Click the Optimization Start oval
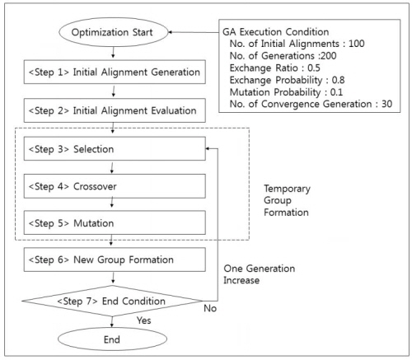(x=113, y=32)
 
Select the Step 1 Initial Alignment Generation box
(x=115, y=72)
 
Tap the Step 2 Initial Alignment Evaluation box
(x=115, y=110)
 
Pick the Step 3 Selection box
(x=115, y=148)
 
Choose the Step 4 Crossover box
(x=115, y=186)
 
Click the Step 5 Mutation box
(x=115, y=222)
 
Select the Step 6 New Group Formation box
(x=115, y=259)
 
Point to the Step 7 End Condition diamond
(x=112, y=301)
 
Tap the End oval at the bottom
(x=112, y=339)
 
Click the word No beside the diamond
(x=210, y=308)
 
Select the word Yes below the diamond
(x=144, y=320)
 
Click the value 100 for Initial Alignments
(x=357, y=44)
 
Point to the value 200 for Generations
(x=328, y=56)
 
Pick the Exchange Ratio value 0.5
(x=314, y=68)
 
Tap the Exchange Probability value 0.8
(x=338, y=80)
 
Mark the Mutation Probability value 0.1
(x=336, y=92)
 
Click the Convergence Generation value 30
(x=386, y=104)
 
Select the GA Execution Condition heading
(x=276, y=32)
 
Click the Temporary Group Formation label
(x=287, y=200)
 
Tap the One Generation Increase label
(x=260, y=274)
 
